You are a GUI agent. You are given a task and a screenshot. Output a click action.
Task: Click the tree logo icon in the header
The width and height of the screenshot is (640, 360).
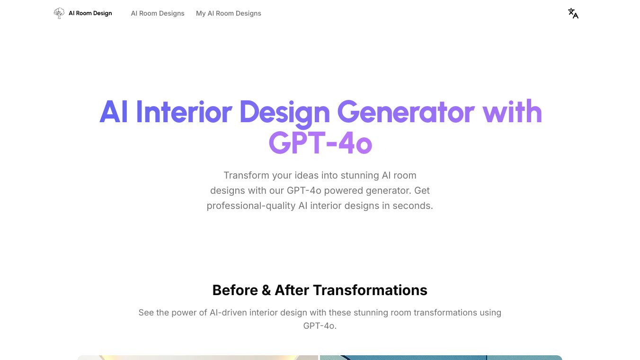(x=59, y=13)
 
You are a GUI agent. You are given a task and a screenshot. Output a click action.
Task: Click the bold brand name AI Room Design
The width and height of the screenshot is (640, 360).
(x=90, y=13)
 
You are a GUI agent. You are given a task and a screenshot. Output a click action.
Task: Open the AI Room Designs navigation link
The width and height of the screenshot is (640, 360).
(x=158, y=13)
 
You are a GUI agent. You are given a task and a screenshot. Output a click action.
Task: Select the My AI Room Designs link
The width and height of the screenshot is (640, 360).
(x=229, y=13)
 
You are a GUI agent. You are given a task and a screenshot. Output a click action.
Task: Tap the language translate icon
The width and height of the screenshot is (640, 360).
(x=573, y=13)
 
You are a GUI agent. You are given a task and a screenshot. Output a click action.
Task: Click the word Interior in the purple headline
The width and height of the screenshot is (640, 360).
(x=184, y=112)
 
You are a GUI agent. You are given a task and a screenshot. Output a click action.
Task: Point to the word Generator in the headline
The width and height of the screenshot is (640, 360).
(x=406, y=112)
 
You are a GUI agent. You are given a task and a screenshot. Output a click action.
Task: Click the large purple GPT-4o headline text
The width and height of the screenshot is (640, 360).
(x=320, y=143)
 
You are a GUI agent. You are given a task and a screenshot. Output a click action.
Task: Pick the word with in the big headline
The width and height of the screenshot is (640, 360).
(x=512, y=111)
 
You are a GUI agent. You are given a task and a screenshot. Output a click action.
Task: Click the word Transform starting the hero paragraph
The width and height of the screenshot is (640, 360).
(x=246, y=175)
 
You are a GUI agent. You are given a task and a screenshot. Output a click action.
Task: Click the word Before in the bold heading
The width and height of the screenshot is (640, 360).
(x=235, y=290)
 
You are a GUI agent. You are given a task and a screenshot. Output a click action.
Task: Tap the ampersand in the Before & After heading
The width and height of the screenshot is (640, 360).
(x=267, y=290)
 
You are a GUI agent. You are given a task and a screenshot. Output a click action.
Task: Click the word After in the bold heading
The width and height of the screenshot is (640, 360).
(x=292, y=290)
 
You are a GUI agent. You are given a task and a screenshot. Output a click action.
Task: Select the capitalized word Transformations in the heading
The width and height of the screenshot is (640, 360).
(x=370, y=290)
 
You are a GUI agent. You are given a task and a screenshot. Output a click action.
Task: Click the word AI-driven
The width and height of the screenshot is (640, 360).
(x=228, y=313)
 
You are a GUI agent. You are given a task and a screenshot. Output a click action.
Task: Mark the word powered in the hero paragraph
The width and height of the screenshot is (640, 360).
(x=344, y=191)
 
